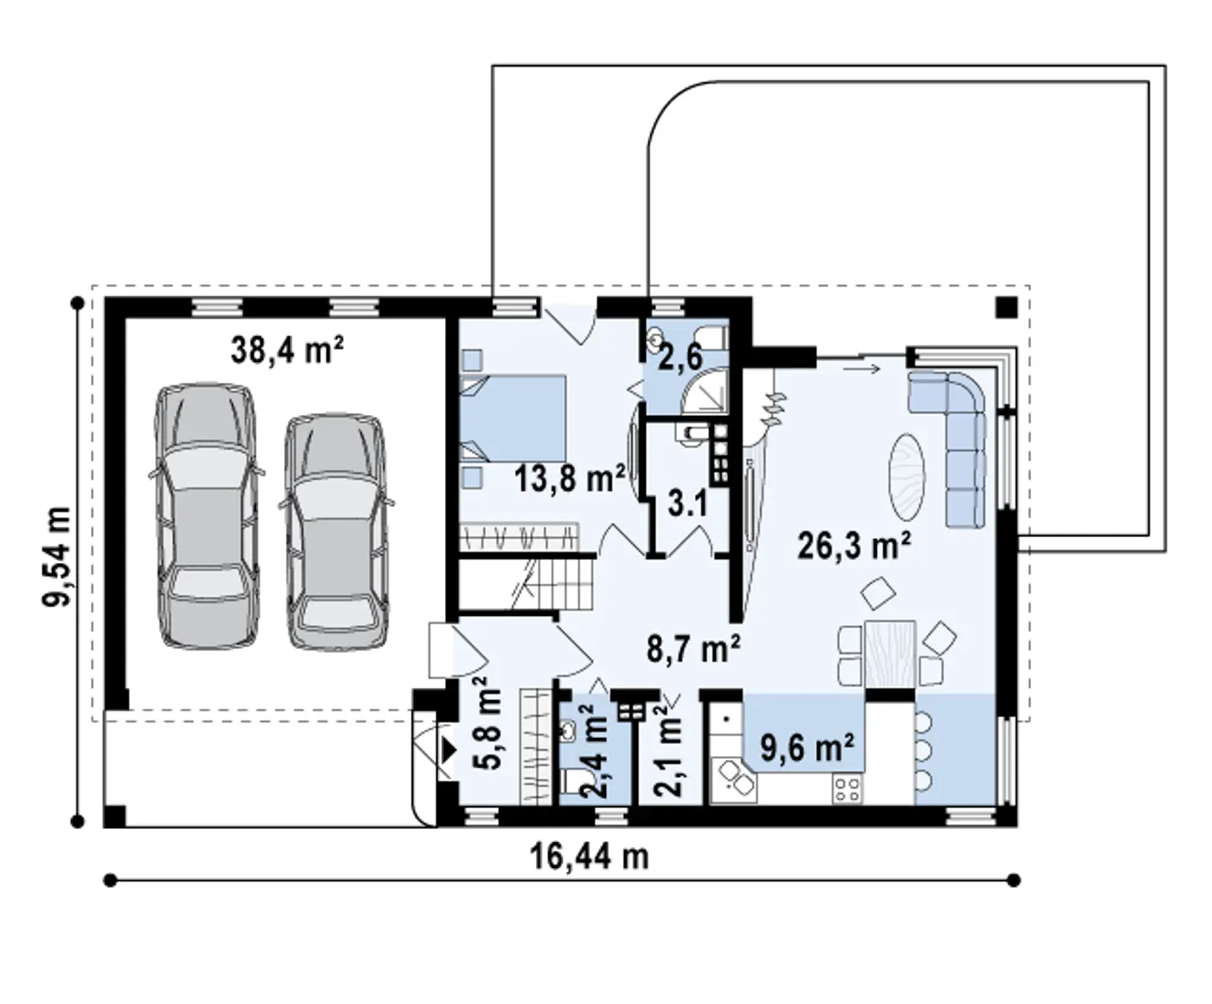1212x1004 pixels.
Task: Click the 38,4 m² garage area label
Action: pyautogui.click(x=287, y=350)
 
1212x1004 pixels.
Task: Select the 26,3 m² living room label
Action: pyautogui.click(x=854, y=546)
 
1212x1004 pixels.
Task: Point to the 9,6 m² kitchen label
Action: pyautogui.click(x=808, y=748)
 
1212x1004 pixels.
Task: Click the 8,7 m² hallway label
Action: pyautogui.click(x=693, y=648)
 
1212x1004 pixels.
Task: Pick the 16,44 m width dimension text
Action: pyautogui.click(x=590, y=857)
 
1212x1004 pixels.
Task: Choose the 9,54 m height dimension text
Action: pyautogui.click(x=57, y=557)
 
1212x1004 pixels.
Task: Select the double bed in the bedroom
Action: pyautogui.click(x=513, y=419)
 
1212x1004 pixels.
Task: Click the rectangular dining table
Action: pyautogui.click(x=890, y=655)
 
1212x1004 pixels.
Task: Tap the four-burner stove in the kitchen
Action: pyautogui.click(x=847, y=789)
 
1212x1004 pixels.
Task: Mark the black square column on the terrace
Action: pyautogui.click(x=1007, y=307)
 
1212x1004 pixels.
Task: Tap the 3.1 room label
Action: pyautogui.click(x=687, y=503)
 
